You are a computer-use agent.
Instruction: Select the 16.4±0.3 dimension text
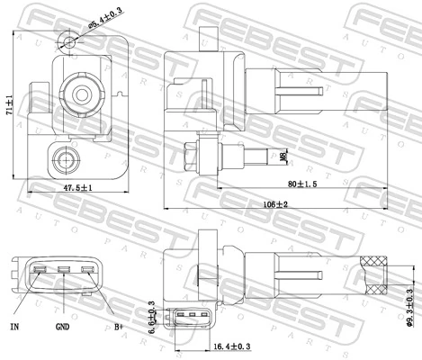[x=232, y=345]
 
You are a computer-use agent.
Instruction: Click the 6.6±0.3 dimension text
[x=152, y=318]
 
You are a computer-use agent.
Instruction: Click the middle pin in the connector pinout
[x=64, y=270]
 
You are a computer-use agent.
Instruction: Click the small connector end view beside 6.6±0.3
[x=193, y=316]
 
